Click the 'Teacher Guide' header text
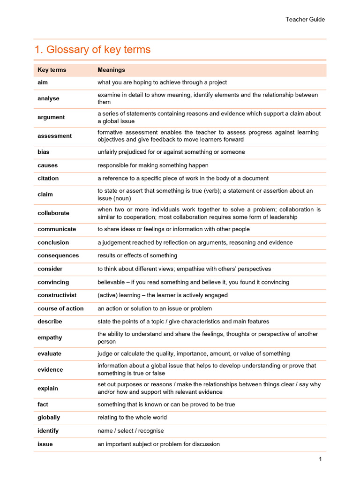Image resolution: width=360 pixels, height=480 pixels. [305, 19]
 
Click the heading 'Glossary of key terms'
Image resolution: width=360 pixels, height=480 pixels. [93, 50]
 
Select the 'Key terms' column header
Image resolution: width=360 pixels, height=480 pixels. [52, 70]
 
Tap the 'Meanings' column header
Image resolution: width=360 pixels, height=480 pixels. [111, 70]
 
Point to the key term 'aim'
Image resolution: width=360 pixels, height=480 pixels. [43, 82]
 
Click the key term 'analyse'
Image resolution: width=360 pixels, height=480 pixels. [48, 98]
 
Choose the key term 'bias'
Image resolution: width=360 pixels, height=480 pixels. [44, 152]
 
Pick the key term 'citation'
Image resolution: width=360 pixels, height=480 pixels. [48, 178]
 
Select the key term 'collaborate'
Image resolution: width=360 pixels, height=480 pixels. [53, 213]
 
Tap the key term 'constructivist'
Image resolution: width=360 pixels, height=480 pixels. [57, 295]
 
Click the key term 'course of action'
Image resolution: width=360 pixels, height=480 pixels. [60, 308]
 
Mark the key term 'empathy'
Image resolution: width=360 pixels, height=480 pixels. [50, 337]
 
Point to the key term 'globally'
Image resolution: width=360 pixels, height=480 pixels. [49, 417]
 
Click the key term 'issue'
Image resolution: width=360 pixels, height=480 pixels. [45, 444]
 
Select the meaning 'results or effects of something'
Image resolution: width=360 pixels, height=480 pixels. [137, 255]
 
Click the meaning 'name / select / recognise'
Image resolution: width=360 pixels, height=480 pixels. [131, 430]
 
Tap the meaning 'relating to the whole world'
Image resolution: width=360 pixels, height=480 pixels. [132, 417]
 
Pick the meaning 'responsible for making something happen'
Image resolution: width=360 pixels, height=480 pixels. [153, 165]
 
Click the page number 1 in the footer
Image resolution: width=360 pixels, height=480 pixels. [320, 459]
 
